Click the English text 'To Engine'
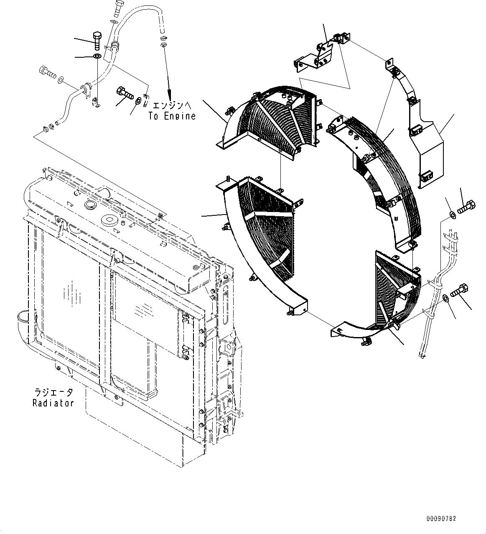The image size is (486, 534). (172, 116)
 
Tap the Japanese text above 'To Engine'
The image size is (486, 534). (172, 106)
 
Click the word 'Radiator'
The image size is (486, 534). (53, 403)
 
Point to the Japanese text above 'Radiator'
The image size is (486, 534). (53, 393)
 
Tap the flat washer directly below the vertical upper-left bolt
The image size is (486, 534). (97, 56)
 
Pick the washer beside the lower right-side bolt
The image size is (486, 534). (445, 298)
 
